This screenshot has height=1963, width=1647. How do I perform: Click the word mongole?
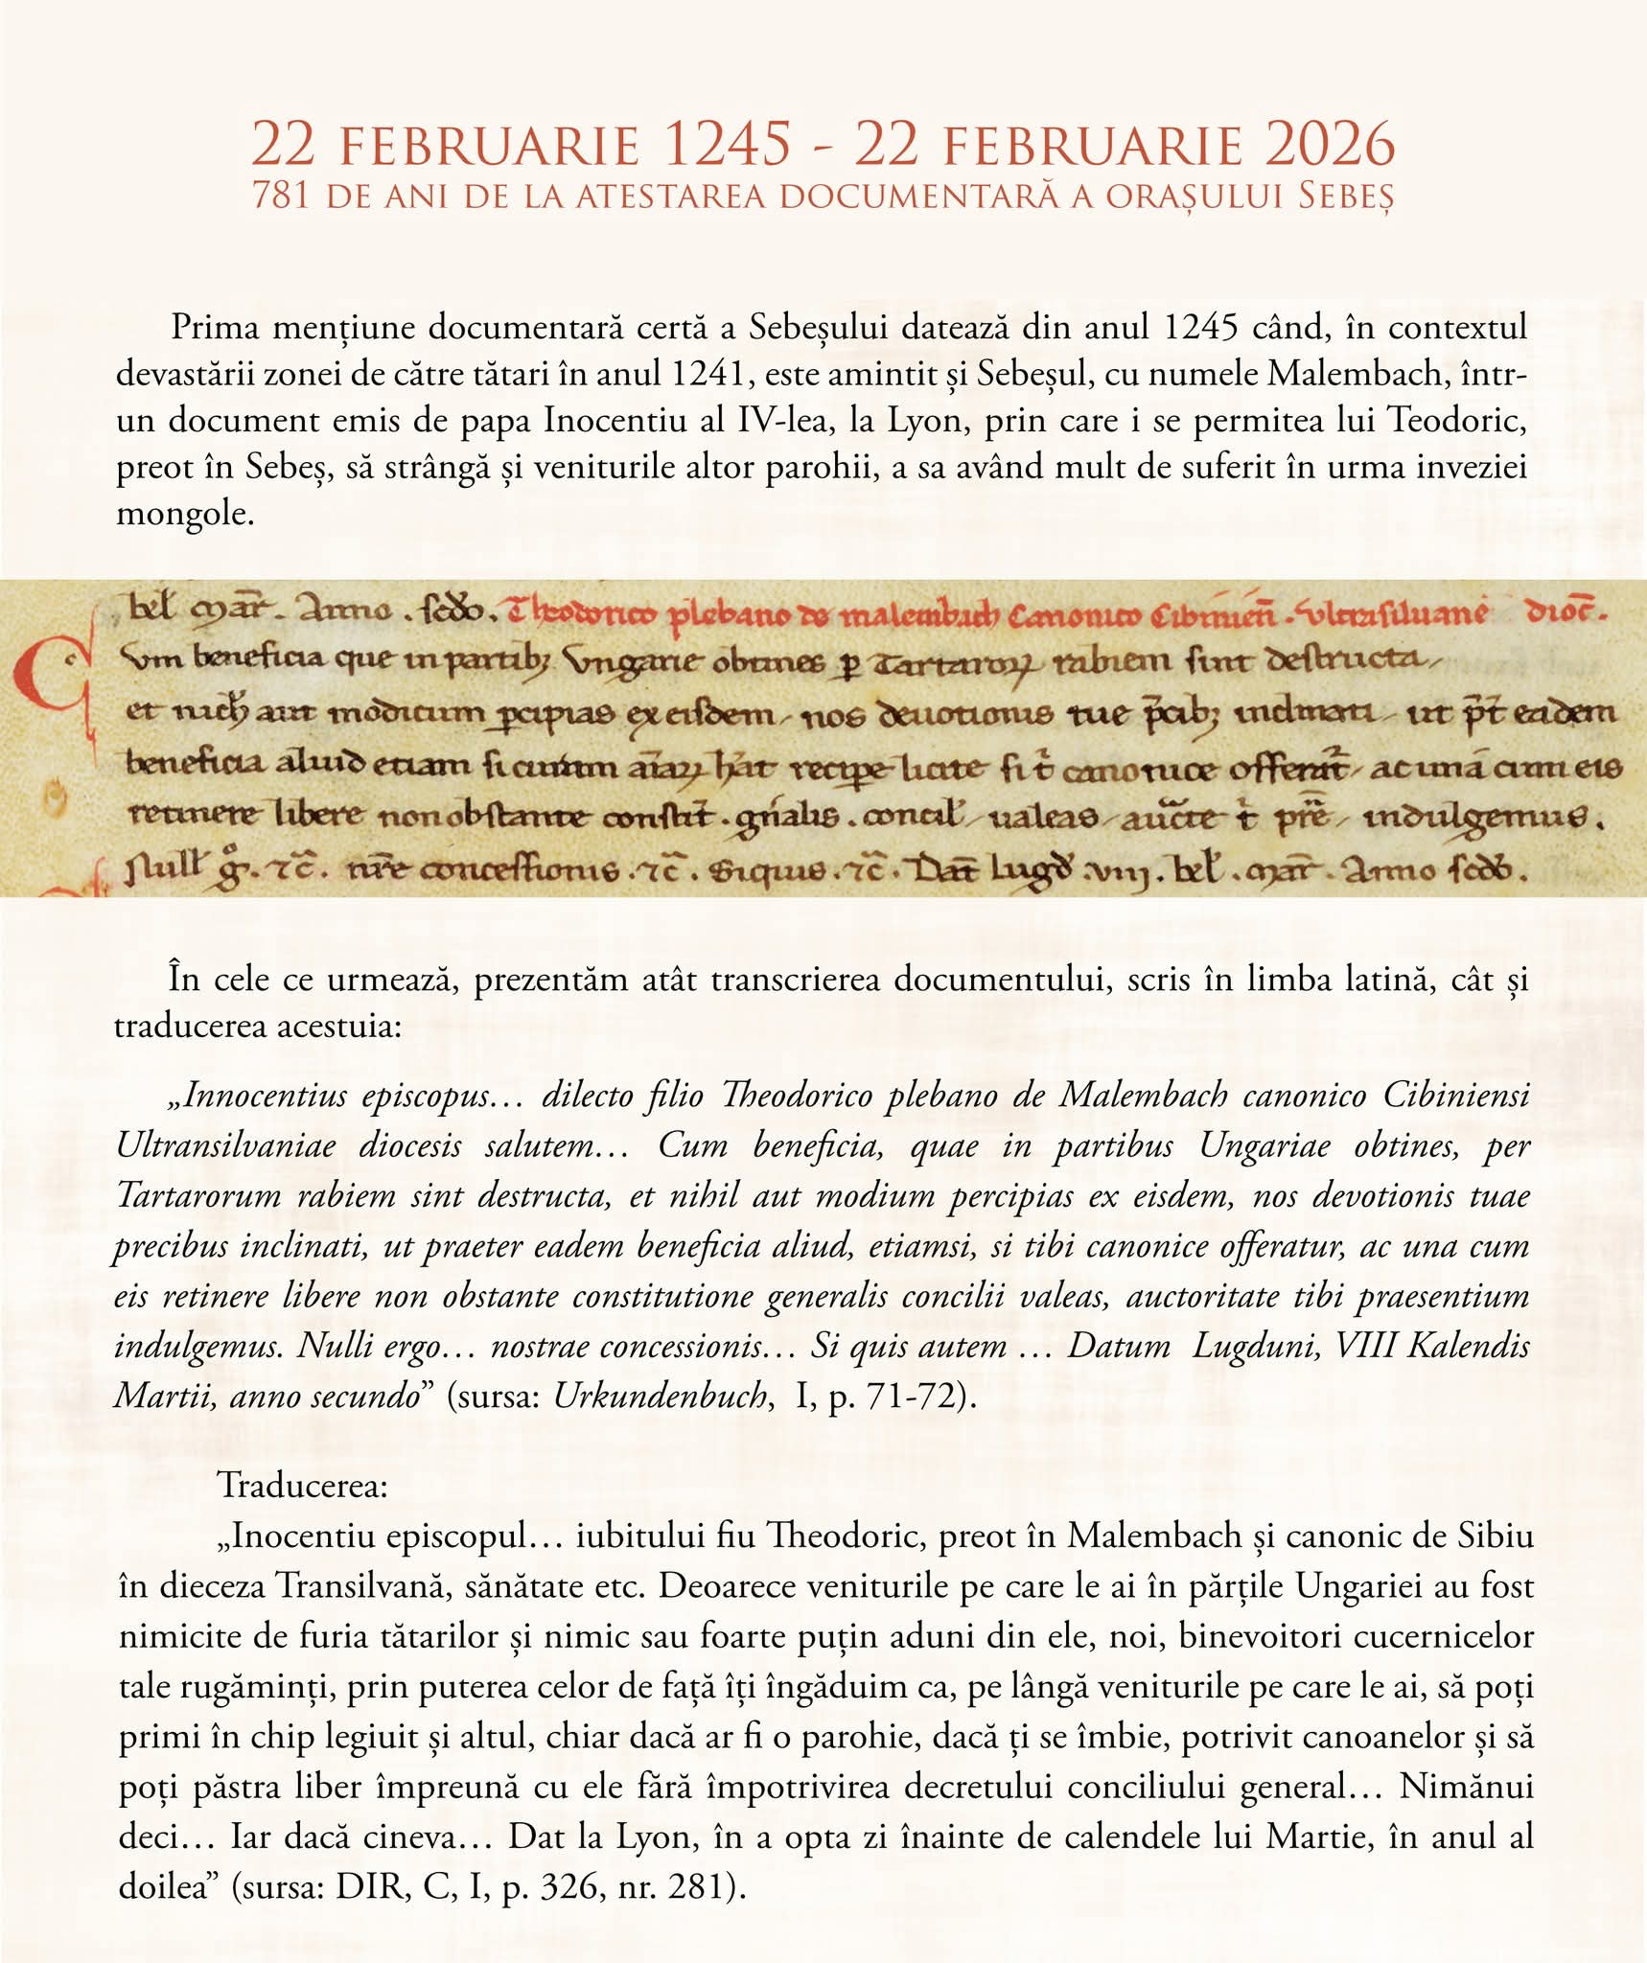point(185,514)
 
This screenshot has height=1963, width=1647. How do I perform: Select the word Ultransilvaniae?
point(226,1145)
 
